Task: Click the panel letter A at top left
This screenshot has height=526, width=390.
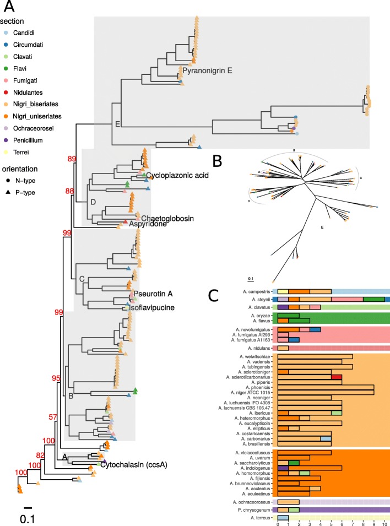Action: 10,9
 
